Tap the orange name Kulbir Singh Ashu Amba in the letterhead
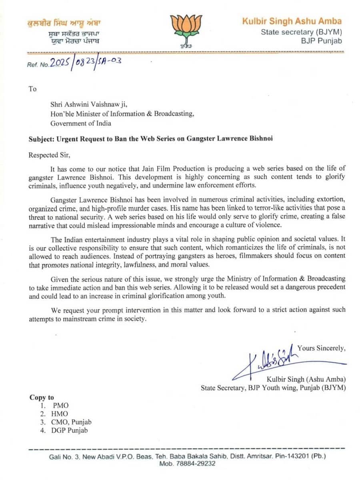click(292, 21)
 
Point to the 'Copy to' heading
click(42, 397)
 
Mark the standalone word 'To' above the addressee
click(32, 88)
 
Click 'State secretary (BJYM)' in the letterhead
click(301, 32)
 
